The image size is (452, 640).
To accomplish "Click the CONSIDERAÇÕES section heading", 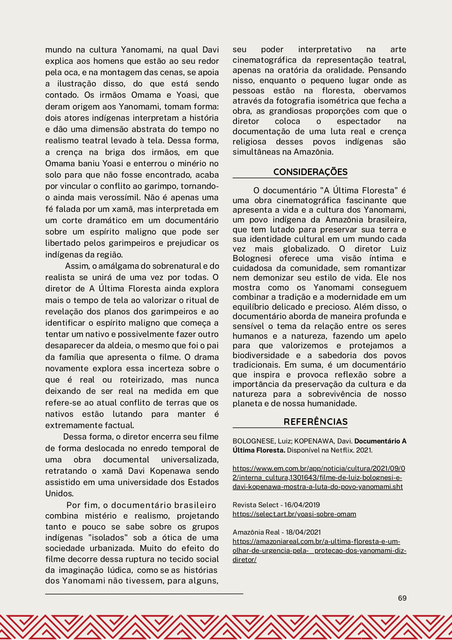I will tap(310, 172).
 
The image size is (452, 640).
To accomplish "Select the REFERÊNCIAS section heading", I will tap(315, 422).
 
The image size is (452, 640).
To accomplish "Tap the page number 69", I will tap(402, 598).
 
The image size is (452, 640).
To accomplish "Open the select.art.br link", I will tap(294, 514).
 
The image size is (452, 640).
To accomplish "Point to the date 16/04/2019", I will tap(302, 505).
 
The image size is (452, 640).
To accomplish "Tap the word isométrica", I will tap(322, 101).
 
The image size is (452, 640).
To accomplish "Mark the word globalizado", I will tap(306, 249).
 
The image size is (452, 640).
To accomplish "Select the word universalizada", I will tap(190, 460).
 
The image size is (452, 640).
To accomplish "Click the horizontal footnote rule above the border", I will tap(144, 594).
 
